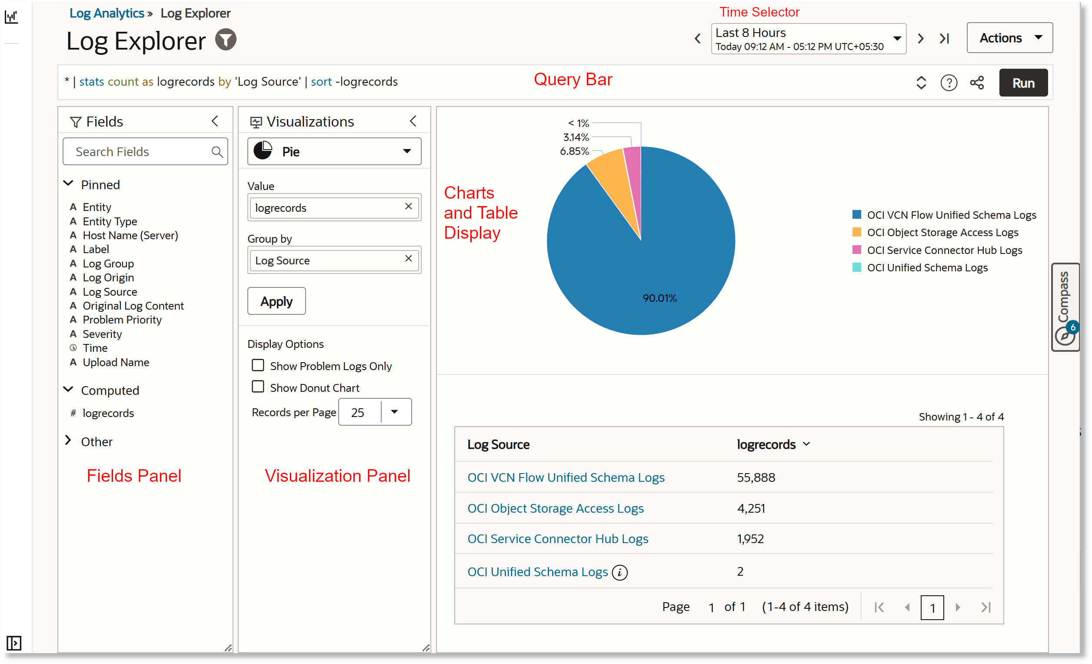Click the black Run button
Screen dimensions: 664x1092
pos(1023,83)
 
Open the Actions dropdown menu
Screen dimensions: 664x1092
pos(1009,38)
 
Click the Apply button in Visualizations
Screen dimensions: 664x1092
pos(276,301)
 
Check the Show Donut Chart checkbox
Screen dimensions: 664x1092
pos(258,387)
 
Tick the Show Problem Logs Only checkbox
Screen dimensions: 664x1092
pos(258,365)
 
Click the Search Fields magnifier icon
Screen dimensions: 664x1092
pos(217,152)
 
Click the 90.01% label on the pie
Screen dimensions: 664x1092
pos(659,298)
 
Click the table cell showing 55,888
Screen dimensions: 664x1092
pos(756,477)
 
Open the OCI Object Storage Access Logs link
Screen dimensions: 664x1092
pos(555,508)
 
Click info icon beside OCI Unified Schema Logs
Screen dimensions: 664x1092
pos(619,573)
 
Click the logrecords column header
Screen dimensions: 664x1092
pos(766,444)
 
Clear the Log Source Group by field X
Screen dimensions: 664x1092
pos(408,259)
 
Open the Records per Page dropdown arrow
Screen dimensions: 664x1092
pos(394,412)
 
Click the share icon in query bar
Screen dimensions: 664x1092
pos(977,83)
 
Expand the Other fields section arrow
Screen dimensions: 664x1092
pos(68,440)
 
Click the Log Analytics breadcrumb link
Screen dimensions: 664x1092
pos(107,13)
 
